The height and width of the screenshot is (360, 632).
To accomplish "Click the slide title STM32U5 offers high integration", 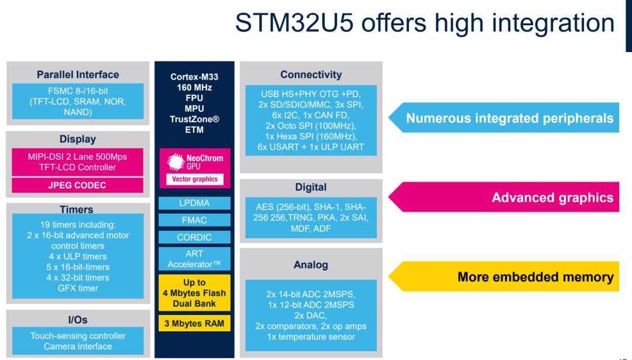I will point(424,23).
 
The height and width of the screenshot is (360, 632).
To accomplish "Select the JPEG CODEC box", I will point(77,186).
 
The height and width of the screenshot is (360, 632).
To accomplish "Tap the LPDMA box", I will point(194,203).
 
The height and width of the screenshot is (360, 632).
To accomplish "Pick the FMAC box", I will point(194,220).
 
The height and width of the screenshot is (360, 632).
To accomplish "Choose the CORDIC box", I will point(194,238).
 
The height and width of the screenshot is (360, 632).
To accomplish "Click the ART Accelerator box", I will point(194,259).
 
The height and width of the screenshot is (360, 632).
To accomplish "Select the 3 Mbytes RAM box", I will point(194,324).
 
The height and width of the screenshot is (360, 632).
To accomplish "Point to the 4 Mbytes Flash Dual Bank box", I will point(194,293).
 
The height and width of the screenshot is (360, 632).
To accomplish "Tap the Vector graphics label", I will point(194,180).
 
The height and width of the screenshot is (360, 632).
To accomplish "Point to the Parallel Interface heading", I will point(77,74).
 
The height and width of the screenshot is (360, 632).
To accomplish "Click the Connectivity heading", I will point(311,74).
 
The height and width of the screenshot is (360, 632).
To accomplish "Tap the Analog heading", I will point(311,265).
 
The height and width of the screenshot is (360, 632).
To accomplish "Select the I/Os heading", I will point(77,320).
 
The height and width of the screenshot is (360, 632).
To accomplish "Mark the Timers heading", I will point(76,209).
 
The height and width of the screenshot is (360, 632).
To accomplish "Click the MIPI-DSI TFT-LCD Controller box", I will point(77,162).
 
